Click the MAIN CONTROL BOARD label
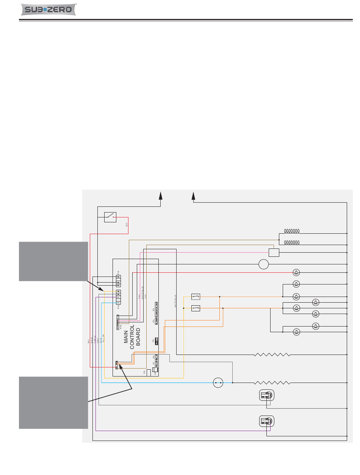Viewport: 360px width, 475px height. click(x=132, y=337)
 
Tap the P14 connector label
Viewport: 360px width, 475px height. click(x=118, y=272)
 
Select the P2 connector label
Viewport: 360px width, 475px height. click(x=153, y=310)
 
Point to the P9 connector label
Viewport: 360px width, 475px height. click(x=145, y=372)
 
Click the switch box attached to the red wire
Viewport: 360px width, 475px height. click(x=110, y=217)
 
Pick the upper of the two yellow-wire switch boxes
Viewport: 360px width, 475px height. click(x=196, y=296)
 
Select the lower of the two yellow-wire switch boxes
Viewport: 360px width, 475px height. click(x=196, y=308)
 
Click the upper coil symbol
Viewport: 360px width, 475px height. click(x=292, y=231)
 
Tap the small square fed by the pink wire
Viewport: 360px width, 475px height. click(x=273, y=252)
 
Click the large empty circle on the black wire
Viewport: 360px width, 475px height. click(x=264, y=264)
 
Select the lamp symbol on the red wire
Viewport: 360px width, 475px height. click(x=297, y=272)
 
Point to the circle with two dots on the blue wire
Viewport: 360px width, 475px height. click(x=218, y=383)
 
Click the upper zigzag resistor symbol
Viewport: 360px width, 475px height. click(x=272, y=355)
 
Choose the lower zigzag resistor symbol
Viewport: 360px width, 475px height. click(x=272, y=383)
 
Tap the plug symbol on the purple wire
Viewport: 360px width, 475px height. click(x=266, y=421)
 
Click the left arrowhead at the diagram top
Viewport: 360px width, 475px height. click(x=161, y=195)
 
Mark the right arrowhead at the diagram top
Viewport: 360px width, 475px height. click(x=193, y=195)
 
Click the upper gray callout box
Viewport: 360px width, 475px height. click(x=53, y=261)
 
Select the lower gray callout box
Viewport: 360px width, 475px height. click(x=53, y=402)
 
